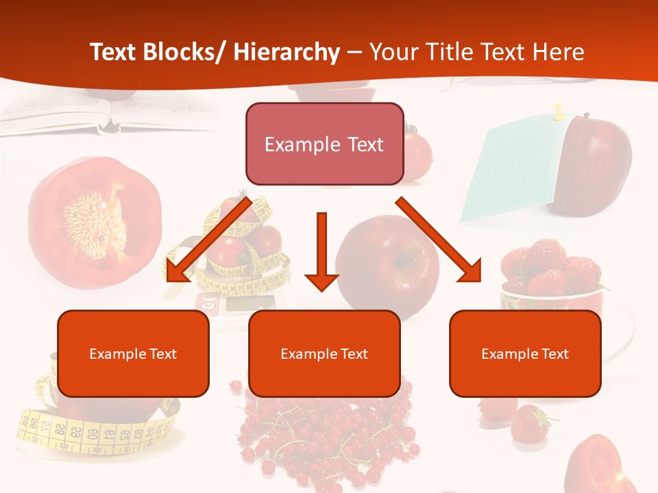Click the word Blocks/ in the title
point(183,52)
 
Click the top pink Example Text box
point(324,144)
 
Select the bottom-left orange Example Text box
point(133,354)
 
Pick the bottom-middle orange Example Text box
point(324,354)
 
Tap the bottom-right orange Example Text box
point(525,354)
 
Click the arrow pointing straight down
point(321,253)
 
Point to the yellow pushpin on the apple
point(559,111)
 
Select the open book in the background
point(103,113)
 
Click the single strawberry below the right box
point(530,423)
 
